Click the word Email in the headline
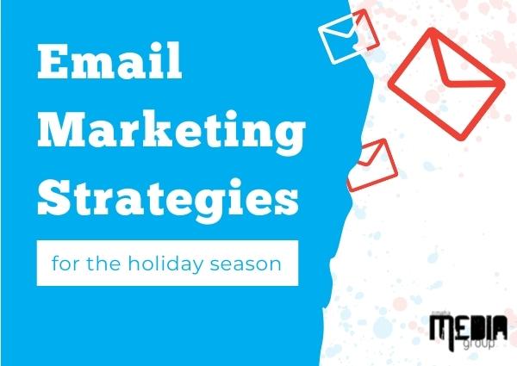pyautogui.click(x=109, y=61)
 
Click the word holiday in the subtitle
pyautogui.click(x=165, y=264)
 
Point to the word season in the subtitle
pyautogui.click(x=246, y=265)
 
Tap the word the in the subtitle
pyautogui.click(x=103, y=264)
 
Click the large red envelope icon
pyautogui.click(x=446, y=84)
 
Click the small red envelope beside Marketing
pyautogui.click(x=372, y=164)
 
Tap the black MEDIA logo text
pyautogui.click(x=468, y=327)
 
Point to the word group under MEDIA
pyautogui.click(x=479, y=344)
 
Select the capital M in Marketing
pyautogui.click(x=62, y=130)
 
